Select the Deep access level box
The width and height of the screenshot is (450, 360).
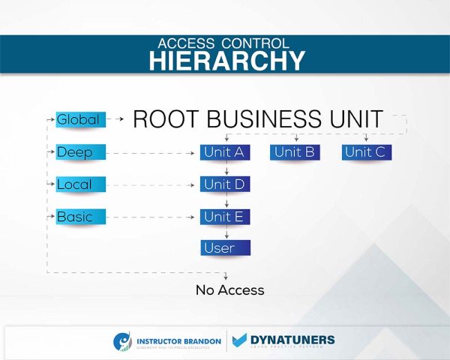(79, 153)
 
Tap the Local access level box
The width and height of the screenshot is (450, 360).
(79, 184)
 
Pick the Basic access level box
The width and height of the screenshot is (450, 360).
(79, 217)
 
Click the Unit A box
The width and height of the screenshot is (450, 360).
(225, 153)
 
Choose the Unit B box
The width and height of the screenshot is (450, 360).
(295, 153)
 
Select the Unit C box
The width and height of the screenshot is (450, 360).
(365, 153)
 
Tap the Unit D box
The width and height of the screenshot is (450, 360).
(225, 184)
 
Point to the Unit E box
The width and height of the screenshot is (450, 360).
(225, 217)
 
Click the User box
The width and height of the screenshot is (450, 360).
(225, 247)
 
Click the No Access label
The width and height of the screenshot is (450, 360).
(229, 290)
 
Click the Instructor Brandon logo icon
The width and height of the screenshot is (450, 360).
(123, 340)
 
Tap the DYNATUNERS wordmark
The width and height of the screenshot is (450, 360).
(292, 339)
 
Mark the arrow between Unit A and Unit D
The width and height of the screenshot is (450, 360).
(226, 169)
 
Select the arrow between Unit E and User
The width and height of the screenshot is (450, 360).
(226, 233)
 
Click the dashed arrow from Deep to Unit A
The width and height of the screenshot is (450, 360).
(150, 153)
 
